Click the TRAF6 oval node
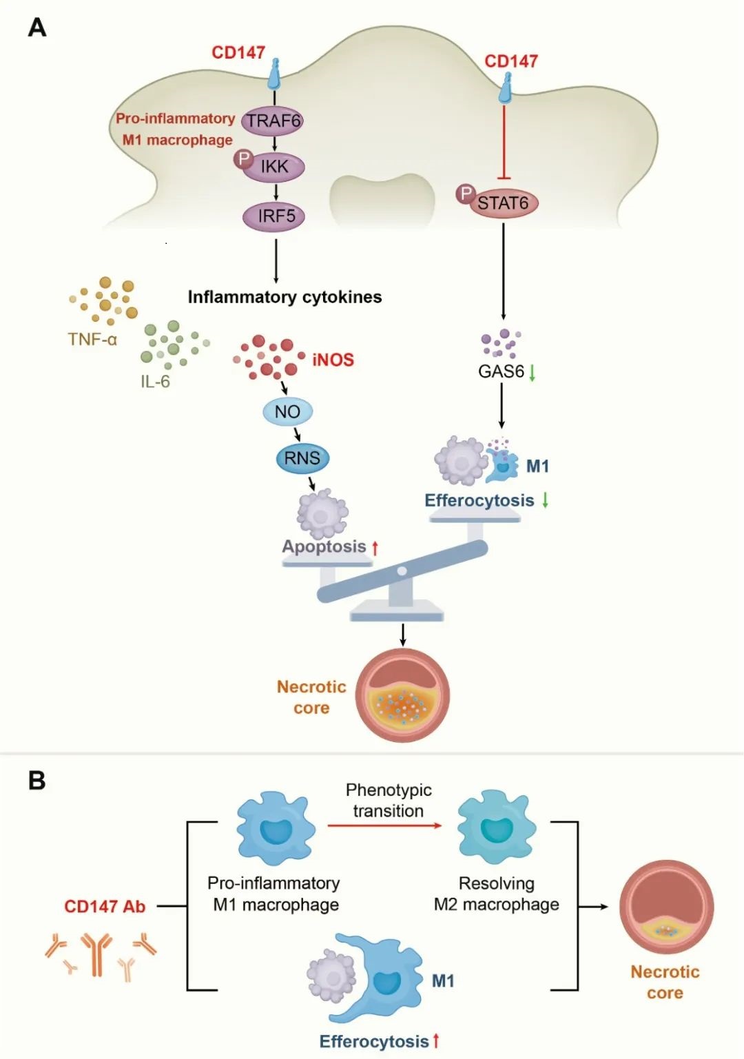273,121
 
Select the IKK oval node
274,167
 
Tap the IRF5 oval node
274,216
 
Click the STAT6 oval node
504,203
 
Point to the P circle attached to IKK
243,159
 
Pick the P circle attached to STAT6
466,194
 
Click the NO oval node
287,412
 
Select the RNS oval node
302,458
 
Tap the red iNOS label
333,360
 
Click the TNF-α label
92,339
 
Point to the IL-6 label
155,382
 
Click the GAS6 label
502,371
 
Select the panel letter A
37,28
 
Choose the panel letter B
37,781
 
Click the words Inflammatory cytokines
285,297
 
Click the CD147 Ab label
105,906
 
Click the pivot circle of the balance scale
402,571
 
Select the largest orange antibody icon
96,954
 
